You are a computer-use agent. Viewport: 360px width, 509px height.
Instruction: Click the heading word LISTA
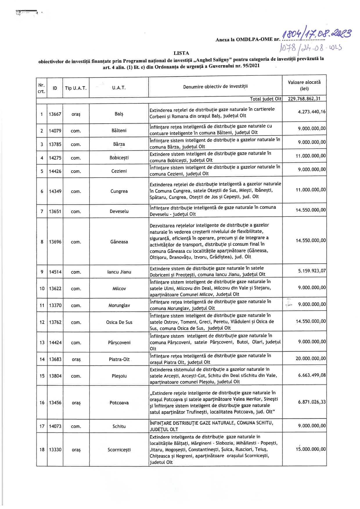(181, 53)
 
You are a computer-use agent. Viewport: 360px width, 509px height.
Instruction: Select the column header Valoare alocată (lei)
(304, 85)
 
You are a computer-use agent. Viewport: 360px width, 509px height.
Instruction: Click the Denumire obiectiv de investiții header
(215, 86)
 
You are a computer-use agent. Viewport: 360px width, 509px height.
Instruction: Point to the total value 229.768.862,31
(304, 99)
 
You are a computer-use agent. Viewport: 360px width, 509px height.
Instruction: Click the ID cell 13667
(55, 114)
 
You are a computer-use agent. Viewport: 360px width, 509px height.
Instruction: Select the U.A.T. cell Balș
(119, 114)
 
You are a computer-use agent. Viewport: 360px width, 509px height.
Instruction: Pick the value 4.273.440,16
(312, 112)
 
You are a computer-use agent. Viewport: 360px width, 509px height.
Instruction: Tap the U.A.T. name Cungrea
(119, 191)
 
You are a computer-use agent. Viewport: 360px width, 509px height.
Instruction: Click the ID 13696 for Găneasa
(55, 242)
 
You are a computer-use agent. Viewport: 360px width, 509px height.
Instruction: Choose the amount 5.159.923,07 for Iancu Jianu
(312, 271)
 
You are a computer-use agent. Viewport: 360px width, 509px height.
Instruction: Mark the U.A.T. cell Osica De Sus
(119, 322)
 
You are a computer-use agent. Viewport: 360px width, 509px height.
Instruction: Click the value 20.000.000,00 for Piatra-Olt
(311, 359)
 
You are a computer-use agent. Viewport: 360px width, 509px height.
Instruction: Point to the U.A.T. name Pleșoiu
(119, 376)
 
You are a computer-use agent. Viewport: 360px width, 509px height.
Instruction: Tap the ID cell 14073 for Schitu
(55, 426)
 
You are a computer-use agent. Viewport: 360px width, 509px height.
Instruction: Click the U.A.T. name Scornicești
(119, 450)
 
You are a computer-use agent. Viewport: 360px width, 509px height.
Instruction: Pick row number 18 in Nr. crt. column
(42, 450)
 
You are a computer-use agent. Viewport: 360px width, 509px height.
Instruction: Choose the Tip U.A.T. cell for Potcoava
(76, 403)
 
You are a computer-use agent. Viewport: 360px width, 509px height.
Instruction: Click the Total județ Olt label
(265, 99)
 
